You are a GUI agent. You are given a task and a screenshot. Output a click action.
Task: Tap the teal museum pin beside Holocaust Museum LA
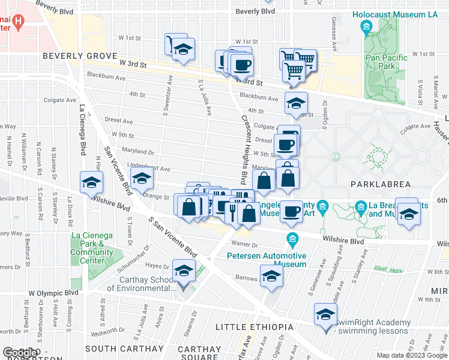click(x=366, y=26)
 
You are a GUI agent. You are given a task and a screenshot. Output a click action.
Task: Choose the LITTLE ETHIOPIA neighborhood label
click(x=255, y=327)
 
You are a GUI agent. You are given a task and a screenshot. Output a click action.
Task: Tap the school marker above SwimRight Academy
click(x=325, y=315)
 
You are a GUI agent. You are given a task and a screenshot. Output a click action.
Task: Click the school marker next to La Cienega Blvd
click(x=91, y=182)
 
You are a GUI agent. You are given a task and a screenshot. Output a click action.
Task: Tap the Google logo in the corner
click(x=19, y=352)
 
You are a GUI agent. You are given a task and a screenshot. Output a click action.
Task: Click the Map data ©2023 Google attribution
click(x=411, y=355)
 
